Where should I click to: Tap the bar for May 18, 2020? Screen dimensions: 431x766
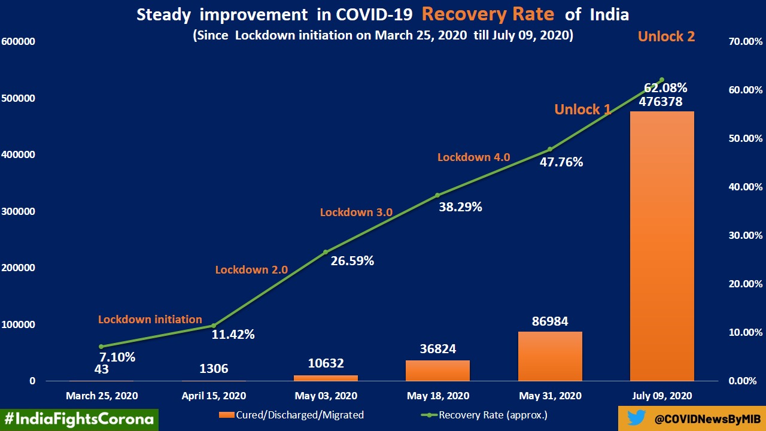437,371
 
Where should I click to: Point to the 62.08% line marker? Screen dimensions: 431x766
662,80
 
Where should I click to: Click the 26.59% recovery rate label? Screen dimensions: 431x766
352,261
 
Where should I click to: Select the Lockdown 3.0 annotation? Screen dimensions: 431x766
356,213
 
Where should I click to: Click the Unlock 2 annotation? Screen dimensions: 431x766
666,36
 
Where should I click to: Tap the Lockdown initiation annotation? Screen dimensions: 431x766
150,320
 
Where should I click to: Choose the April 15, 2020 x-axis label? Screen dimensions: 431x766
214,396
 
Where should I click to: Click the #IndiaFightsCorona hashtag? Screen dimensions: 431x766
79,419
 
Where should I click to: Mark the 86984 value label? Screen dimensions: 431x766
550,321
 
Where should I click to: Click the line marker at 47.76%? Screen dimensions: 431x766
550,149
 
